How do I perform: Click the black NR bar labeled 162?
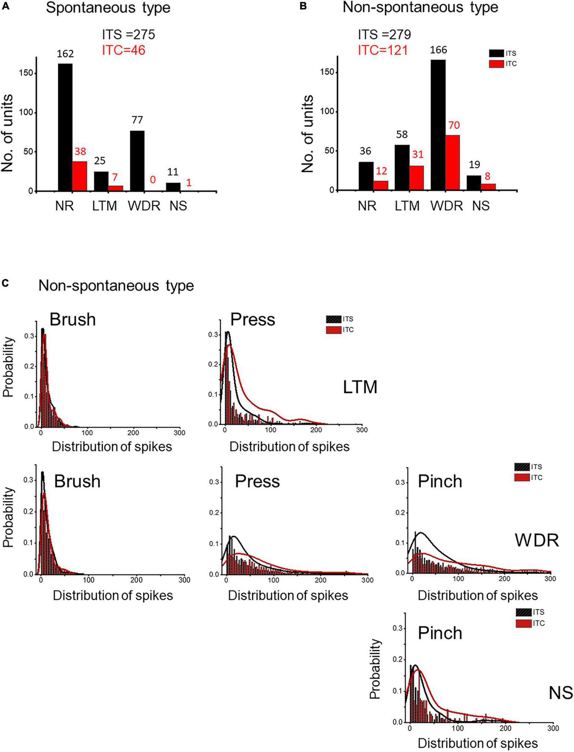pyautogui.click(x=65, y=127)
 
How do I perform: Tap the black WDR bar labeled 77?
pyautogui.click(x=137, y=161)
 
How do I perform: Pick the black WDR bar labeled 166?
pyautogui.click(x=438, y=125)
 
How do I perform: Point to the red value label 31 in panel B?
pyautogui.click(x=418, y=155)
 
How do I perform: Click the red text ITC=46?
pyautogui.click(x=124, y=51)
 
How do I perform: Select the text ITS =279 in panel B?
pyautogui.click(x=384, y=34)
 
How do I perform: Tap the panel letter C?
pyautogui.click(x=6, y=283)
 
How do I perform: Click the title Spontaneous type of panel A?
pyautogui.click(x=108, y=8)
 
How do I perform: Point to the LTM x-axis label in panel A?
pyautogui.click(x=104, y=206)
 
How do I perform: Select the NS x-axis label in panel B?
pyautogui.click(x=481, y=206)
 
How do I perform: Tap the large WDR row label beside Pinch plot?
pyautogui.click(x=537, y=540)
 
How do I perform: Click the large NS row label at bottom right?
pyautogui.click(x=560, y=693)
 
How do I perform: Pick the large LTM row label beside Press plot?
pyautogui.click(x=360, y=387)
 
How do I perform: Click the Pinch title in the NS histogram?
pyautogui.click(x=440, y=633)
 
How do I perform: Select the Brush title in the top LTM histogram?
pyautogui.click(x=73, y=319)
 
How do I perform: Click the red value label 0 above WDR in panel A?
pyautogui.click(x=152, y=180)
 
